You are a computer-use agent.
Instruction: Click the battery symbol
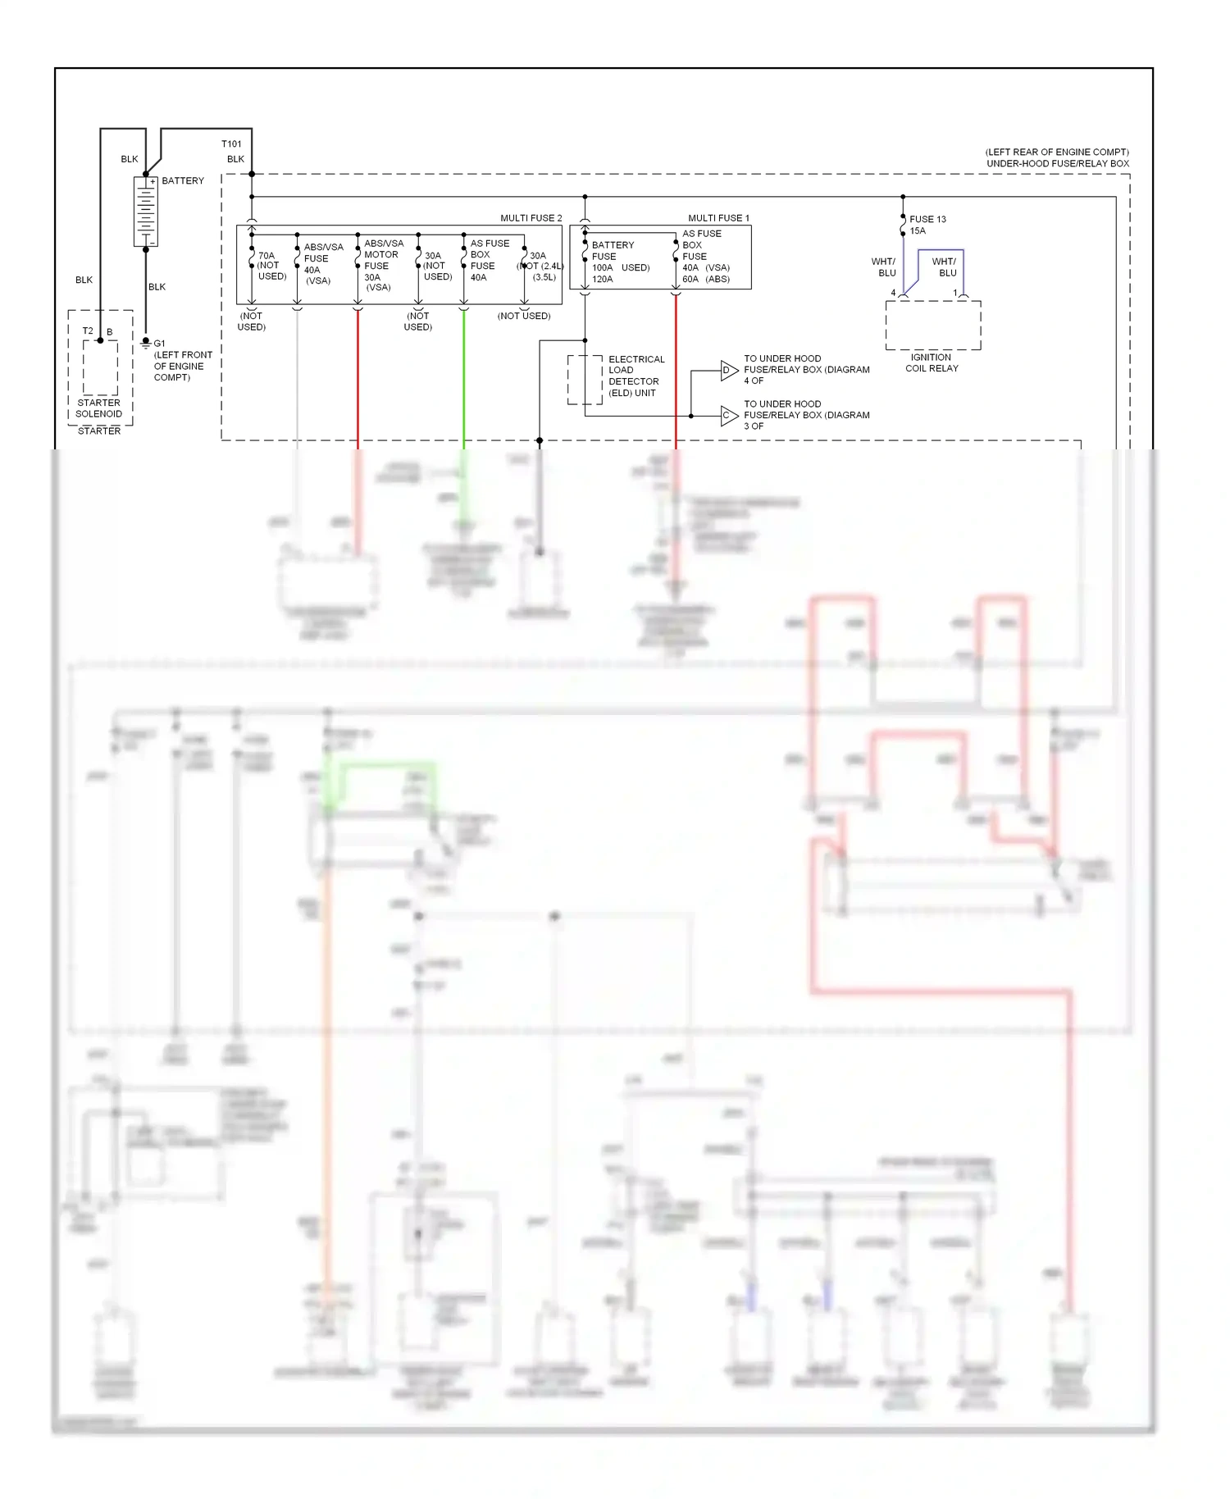pyautogui.click(x=145, y=212)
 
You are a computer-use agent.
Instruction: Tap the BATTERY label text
pyautogui.click(x=183, y=180)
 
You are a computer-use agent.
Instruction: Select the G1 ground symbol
pyautogui.click(x=146, y=344)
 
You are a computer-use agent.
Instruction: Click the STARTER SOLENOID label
pyautogui.click(x=98, y=408)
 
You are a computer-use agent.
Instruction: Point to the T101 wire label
pyautogui.click(x=231, y=144)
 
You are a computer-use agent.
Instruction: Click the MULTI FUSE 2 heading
pyautogui.click(x=531, y=218)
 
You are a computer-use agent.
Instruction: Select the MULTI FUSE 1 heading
pyautogui.click(x=718, y=218)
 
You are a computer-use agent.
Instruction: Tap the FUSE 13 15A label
pyautogui.click(x=927, y=225)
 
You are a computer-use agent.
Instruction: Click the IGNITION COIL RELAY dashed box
pyautogui.click(x=932, y=325)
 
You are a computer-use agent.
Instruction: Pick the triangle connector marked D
pyautogui.click(x=727, y=371)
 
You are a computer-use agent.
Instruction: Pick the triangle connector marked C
pyautogui.click(x=727, y=416)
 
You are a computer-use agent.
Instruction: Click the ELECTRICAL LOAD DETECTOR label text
pyautogui.click(x=635, y=376)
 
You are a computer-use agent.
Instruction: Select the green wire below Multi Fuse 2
pyautogui.click(x=463, y=377)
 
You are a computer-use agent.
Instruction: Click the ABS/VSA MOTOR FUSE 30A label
pyautogui.click(x=382, y=265)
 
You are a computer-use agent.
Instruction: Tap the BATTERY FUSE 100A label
pyautogui.click(x=612, y=262)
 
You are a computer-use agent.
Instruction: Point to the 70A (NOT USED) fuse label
pyautogui.click(x=271, y=266)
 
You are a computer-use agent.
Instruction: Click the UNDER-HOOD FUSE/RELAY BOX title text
pyautogui.click(x=1057, y=163)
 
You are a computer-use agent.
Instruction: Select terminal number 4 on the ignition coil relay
pyautogui.click(x=893, y=293)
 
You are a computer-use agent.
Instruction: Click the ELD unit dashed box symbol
pyautogui.click(x=585, y=380)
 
